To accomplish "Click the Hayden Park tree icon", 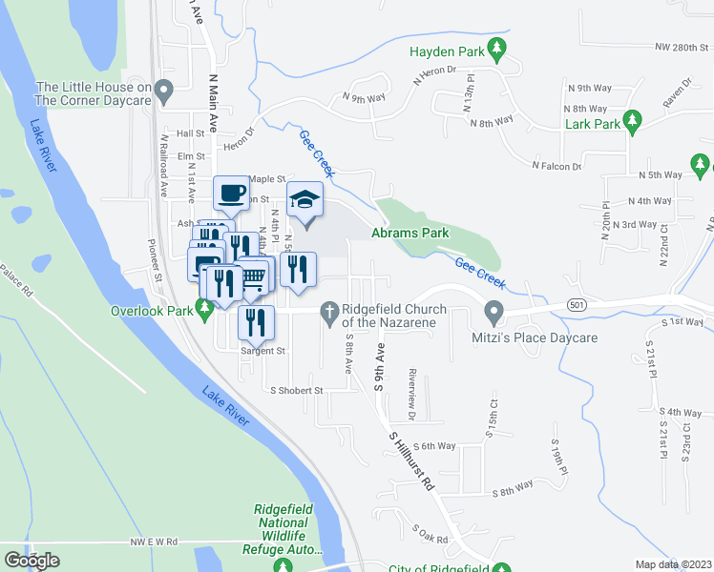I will click(x=495, y=48).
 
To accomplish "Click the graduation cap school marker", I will click(x=305, y=200).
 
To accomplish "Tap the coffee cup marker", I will click(x=230, y=194).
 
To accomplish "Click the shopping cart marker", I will click(x=254, y=276).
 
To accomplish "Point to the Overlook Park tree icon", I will click(x=202, y=309).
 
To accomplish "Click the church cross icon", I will click(x=328, y=309).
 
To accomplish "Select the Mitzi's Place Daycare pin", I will click(x=493, y=311).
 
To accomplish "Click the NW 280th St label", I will click(x=673, y=46).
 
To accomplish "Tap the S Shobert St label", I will click(x=297, y=390).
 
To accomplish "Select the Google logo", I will click(x=31, y=560).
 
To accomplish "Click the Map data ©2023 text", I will click(x=674, y=564).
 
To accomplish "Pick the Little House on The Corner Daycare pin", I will click(x=164, y=92).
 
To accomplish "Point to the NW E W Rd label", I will click(x=155, y=541).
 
